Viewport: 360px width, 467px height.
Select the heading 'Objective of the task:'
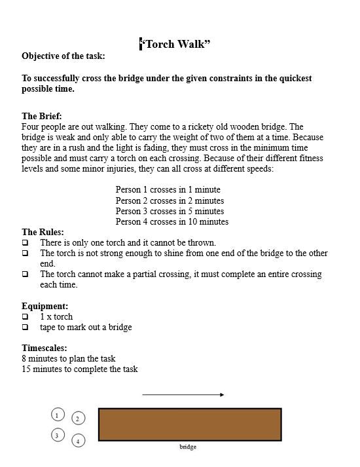click(63, 56)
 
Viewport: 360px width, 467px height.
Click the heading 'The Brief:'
click(42, 116)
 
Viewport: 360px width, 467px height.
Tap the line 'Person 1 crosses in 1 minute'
click(168, 190)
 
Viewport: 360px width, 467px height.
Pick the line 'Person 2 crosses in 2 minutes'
click(170, 200)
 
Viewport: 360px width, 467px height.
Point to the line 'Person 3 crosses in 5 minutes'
click(170, 211)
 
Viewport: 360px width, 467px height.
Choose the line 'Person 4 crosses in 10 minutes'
click(171, 221)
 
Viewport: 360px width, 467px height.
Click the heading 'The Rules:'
click(43, 232)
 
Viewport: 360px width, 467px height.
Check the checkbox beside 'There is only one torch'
click(26, 242)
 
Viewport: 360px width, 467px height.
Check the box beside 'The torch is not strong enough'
click(26, 253)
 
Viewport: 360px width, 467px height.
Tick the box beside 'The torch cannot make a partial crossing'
click(26, 274)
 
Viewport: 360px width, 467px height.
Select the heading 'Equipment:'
click(45, 306)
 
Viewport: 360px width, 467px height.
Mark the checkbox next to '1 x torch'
click(26, 316)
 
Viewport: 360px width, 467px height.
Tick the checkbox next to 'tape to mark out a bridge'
click(26, 327)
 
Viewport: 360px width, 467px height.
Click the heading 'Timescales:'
click(44, 348)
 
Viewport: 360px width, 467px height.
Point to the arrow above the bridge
click(183, 395)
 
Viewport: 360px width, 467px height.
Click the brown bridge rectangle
click(190, 424)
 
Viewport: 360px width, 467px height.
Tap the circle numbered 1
click(58, 415)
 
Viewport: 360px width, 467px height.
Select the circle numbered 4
click(78, 441)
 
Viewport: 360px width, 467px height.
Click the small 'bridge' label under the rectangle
click(188, 447)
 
